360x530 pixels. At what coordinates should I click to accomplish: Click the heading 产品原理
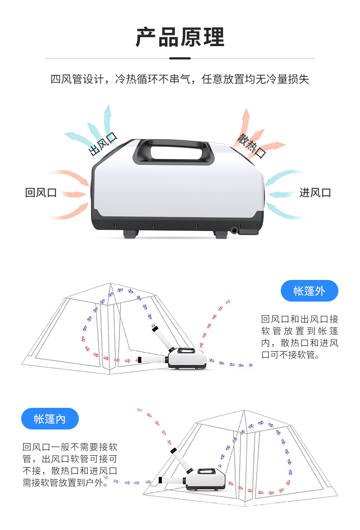click(180, 37)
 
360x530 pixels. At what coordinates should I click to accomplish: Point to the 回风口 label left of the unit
click(41, 193)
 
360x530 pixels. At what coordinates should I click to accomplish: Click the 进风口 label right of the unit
click(315, 193)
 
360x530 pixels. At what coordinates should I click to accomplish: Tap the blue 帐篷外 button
click(309, 291)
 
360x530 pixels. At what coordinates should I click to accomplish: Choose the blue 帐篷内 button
click(50, 419)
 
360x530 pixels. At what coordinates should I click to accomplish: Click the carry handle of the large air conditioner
click(174, 151)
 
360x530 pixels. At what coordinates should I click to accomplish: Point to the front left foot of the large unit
click(130, 233)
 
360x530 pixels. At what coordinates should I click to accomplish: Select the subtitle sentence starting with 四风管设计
click(180, 79)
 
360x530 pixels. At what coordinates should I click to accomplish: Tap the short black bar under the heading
click(180, 58)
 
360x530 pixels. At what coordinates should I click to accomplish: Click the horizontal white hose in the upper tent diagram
click(153, 359)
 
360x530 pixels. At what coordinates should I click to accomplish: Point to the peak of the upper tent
click(111, 284)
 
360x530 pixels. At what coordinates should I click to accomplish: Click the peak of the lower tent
click(244, 411)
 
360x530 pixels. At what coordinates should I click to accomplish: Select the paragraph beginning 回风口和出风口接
click(300, 337)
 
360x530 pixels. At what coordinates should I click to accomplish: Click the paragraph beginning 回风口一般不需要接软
click(70, 465)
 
